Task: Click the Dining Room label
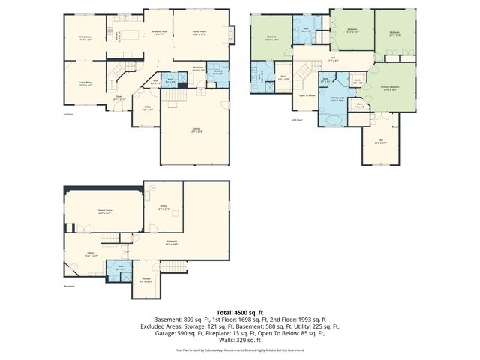click(x=85, y=37)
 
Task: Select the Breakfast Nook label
click(x=160, y=31)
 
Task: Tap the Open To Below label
click(x=307, y=95)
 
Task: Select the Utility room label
click(x=163, y=207)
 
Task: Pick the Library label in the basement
click(x=91, y=253)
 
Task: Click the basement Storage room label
click(x=146, y=279)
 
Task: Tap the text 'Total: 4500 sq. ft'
click(x=239, y=311)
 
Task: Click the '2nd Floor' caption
click(x=298, y=119)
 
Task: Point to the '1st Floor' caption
click(x=68, y=114)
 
